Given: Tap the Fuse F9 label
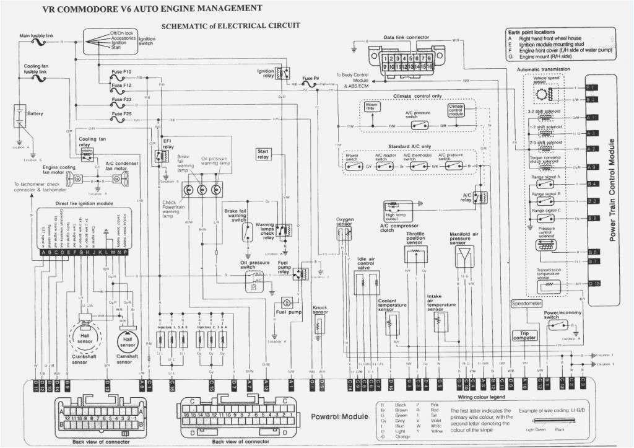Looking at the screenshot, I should [x=311, y=79].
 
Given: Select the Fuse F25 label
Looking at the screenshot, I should [x=121, y=114].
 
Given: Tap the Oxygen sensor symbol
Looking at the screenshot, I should [x=344, y=233].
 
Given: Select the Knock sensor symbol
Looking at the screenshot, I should [x=319, y=325].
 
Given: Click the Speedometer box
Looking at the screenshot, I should [x=526, y=304].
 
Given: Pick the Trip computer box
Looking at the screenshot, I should [x=524, y=335].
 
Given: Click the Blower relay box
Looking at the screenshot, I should [x=371, y=107].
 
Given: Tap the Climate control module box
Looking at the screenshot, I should [x=456, y=110].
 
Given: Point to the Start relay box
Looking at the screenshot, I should [x=264, y=154].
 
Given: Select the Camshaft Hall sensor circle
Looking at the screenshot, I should [x=126, y=341].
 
